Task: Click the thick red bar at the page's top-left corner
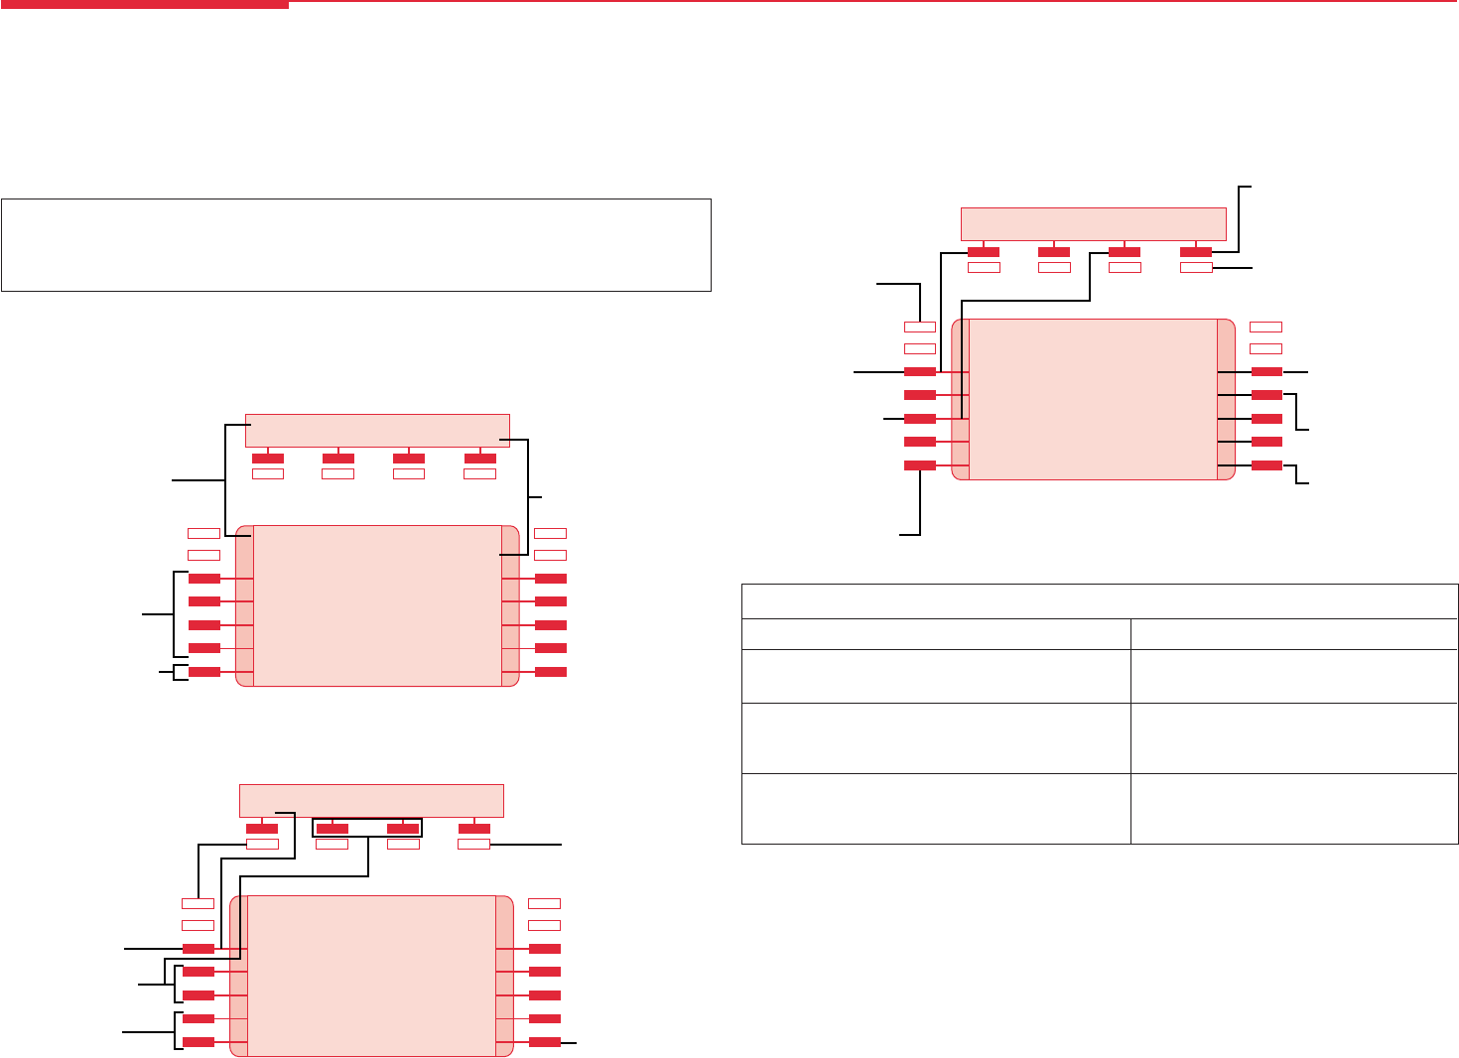click(144, 5)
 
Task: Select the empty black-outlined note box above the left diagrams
click(356, 245)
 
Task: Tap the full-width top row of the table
click(1100, 601)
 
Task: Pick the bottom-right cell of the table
click(1294, 809)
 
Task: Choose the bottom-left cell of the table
click(936, 809)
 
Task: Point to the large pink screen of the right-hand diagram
click(1093, 399)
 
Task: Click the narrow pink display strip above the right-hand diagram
click(1094, 224)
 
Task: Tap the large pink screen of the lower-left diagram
click(371, 976)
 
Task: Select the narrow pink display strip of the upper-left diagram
click(377, 431)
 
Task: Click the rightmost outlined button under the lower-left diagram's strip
click(474, 845)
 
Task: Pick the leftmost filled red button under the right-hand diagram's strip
click(984, 252)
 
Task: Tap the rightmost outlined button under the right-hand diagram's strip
click(1196, 267)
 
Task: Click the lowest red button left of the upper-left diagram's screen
click(204, 672)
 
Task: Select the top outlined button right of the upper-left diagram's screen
click(551, 533)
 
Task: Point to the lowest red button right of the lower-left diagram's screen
click(545, 1042)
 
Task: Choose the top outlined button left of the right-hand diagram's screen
click(920, 326)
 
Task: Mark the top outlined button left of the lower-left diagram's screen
click(198, 903)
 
